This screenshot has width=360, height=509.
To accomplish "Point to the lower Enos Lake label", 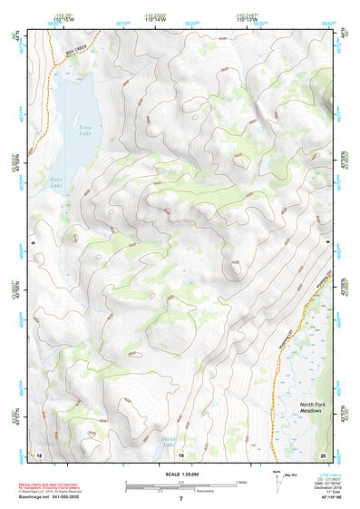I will [56, 181].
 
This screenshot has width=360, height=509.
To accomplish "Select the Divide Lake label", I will [170, 441].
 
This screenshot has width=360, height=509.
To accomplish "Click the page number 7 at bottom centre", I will [180, 500].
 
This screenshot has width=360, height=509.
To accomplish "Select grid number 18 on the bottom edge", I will [38, 454].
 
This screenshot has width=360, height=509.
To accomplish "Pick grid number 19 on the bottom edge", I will [180, 454].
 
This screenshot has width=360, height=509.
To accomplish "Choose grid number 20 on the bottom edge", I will [323, 454].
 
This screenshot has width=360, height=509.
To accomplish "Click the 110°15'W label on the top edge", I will [62, 17].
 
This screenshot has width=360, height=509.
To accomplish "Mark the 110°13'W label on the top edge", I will [247, 17].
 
